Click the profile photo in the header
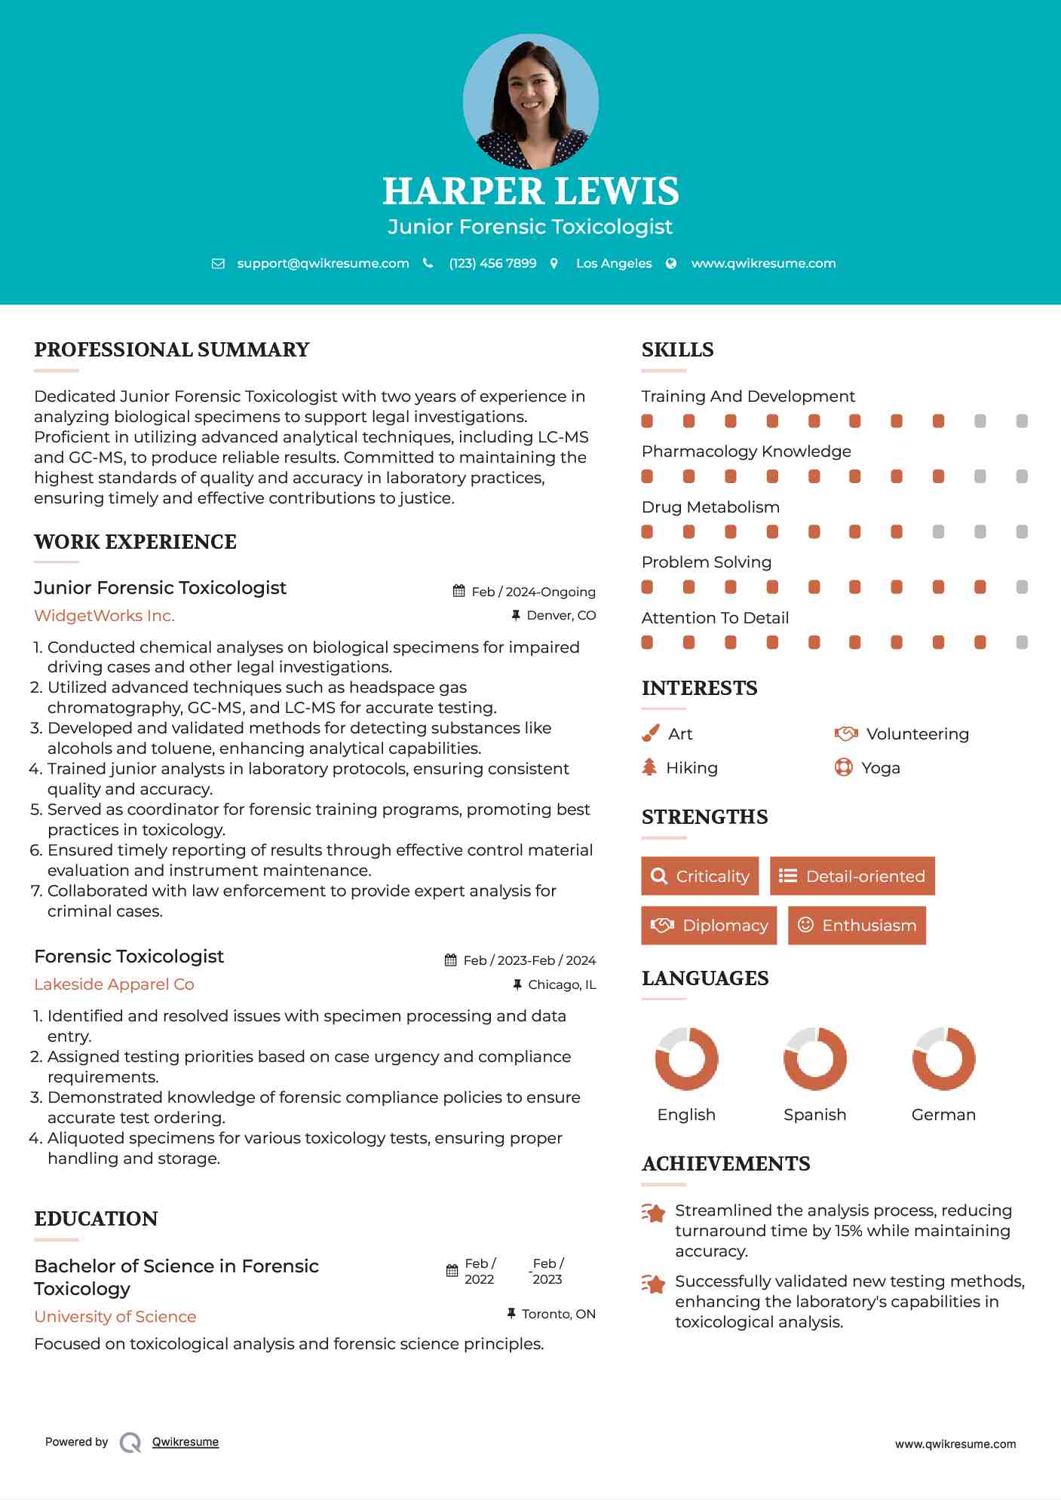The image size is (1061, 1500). click(530, 101)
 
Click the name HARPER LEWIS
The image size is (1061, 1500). click(530, 191)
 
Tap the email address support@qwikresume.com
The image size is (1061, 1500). click(323, 264)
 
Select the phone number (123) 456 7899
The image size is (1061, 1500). click(492, 264)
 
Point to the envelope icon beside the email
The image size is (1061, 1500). click(218, 264)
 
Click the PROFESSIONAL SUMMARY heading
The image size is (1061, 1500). click(172, 350)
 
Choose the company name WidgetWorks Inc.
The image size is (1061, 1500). click(104, 616)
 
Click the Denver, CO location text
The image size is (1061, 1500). click(561, 616)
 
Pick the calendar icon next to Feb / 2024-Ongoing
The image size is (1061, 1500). click(458, 591)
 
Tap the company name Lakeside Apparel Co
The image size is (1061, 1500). click(114, 984)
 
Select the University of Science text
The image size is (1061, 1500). click(115, 1317)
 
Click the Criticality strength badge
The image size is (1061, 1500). click(700, 876)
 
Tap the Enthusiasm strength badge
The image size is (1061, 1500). click(857, 925)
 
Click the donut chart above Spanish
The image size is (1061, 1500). click(814, 1058)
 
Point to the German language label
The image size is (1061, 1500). click(943, 1115)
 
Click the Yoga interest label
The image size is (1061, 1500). click(881, 768)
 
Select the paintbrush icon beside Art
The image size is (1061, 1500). click(650, 733)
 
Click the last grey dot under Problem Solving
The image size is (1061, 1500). click(1022, 587)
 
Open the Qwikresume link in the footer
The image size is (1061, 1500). click(185, 1442)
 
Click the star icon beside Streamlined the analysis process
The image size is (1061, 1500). click(654, 1213)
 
